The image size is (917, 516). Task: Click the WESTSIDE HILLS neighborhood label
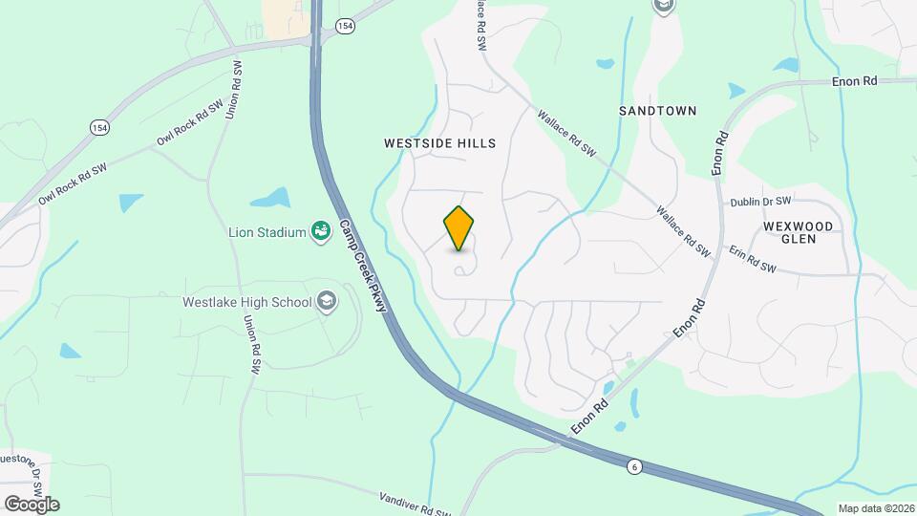[439, 143]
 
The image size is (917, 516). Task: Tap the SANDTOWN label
[657, 111]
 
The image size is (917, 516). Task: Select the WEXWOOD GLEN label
[799, 232]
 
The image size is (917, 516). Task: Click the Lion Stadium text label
[267, 232]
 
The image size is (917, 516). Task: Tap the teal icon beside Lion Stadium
[321, 231]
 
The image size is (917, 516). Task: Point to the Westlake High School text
[247, 302]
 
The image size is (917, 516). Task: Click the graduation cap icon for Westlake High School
[327, 302]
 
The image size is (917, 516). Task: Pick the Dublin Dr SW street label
[761, 202]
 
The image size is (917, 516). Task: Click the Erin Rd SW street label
[754, 261]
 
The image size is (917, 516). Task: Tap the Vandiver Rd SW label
[415, 503]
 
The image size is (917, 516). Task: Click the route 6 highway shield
[633, 466]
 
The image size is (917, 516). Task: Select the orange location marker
[459, 228]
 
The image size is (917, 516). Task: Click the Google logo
[31, 505]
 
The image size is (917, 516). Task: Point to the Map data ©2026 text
[875, 508]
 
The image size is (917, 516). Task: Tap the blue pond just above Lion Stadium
[270, 199]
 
